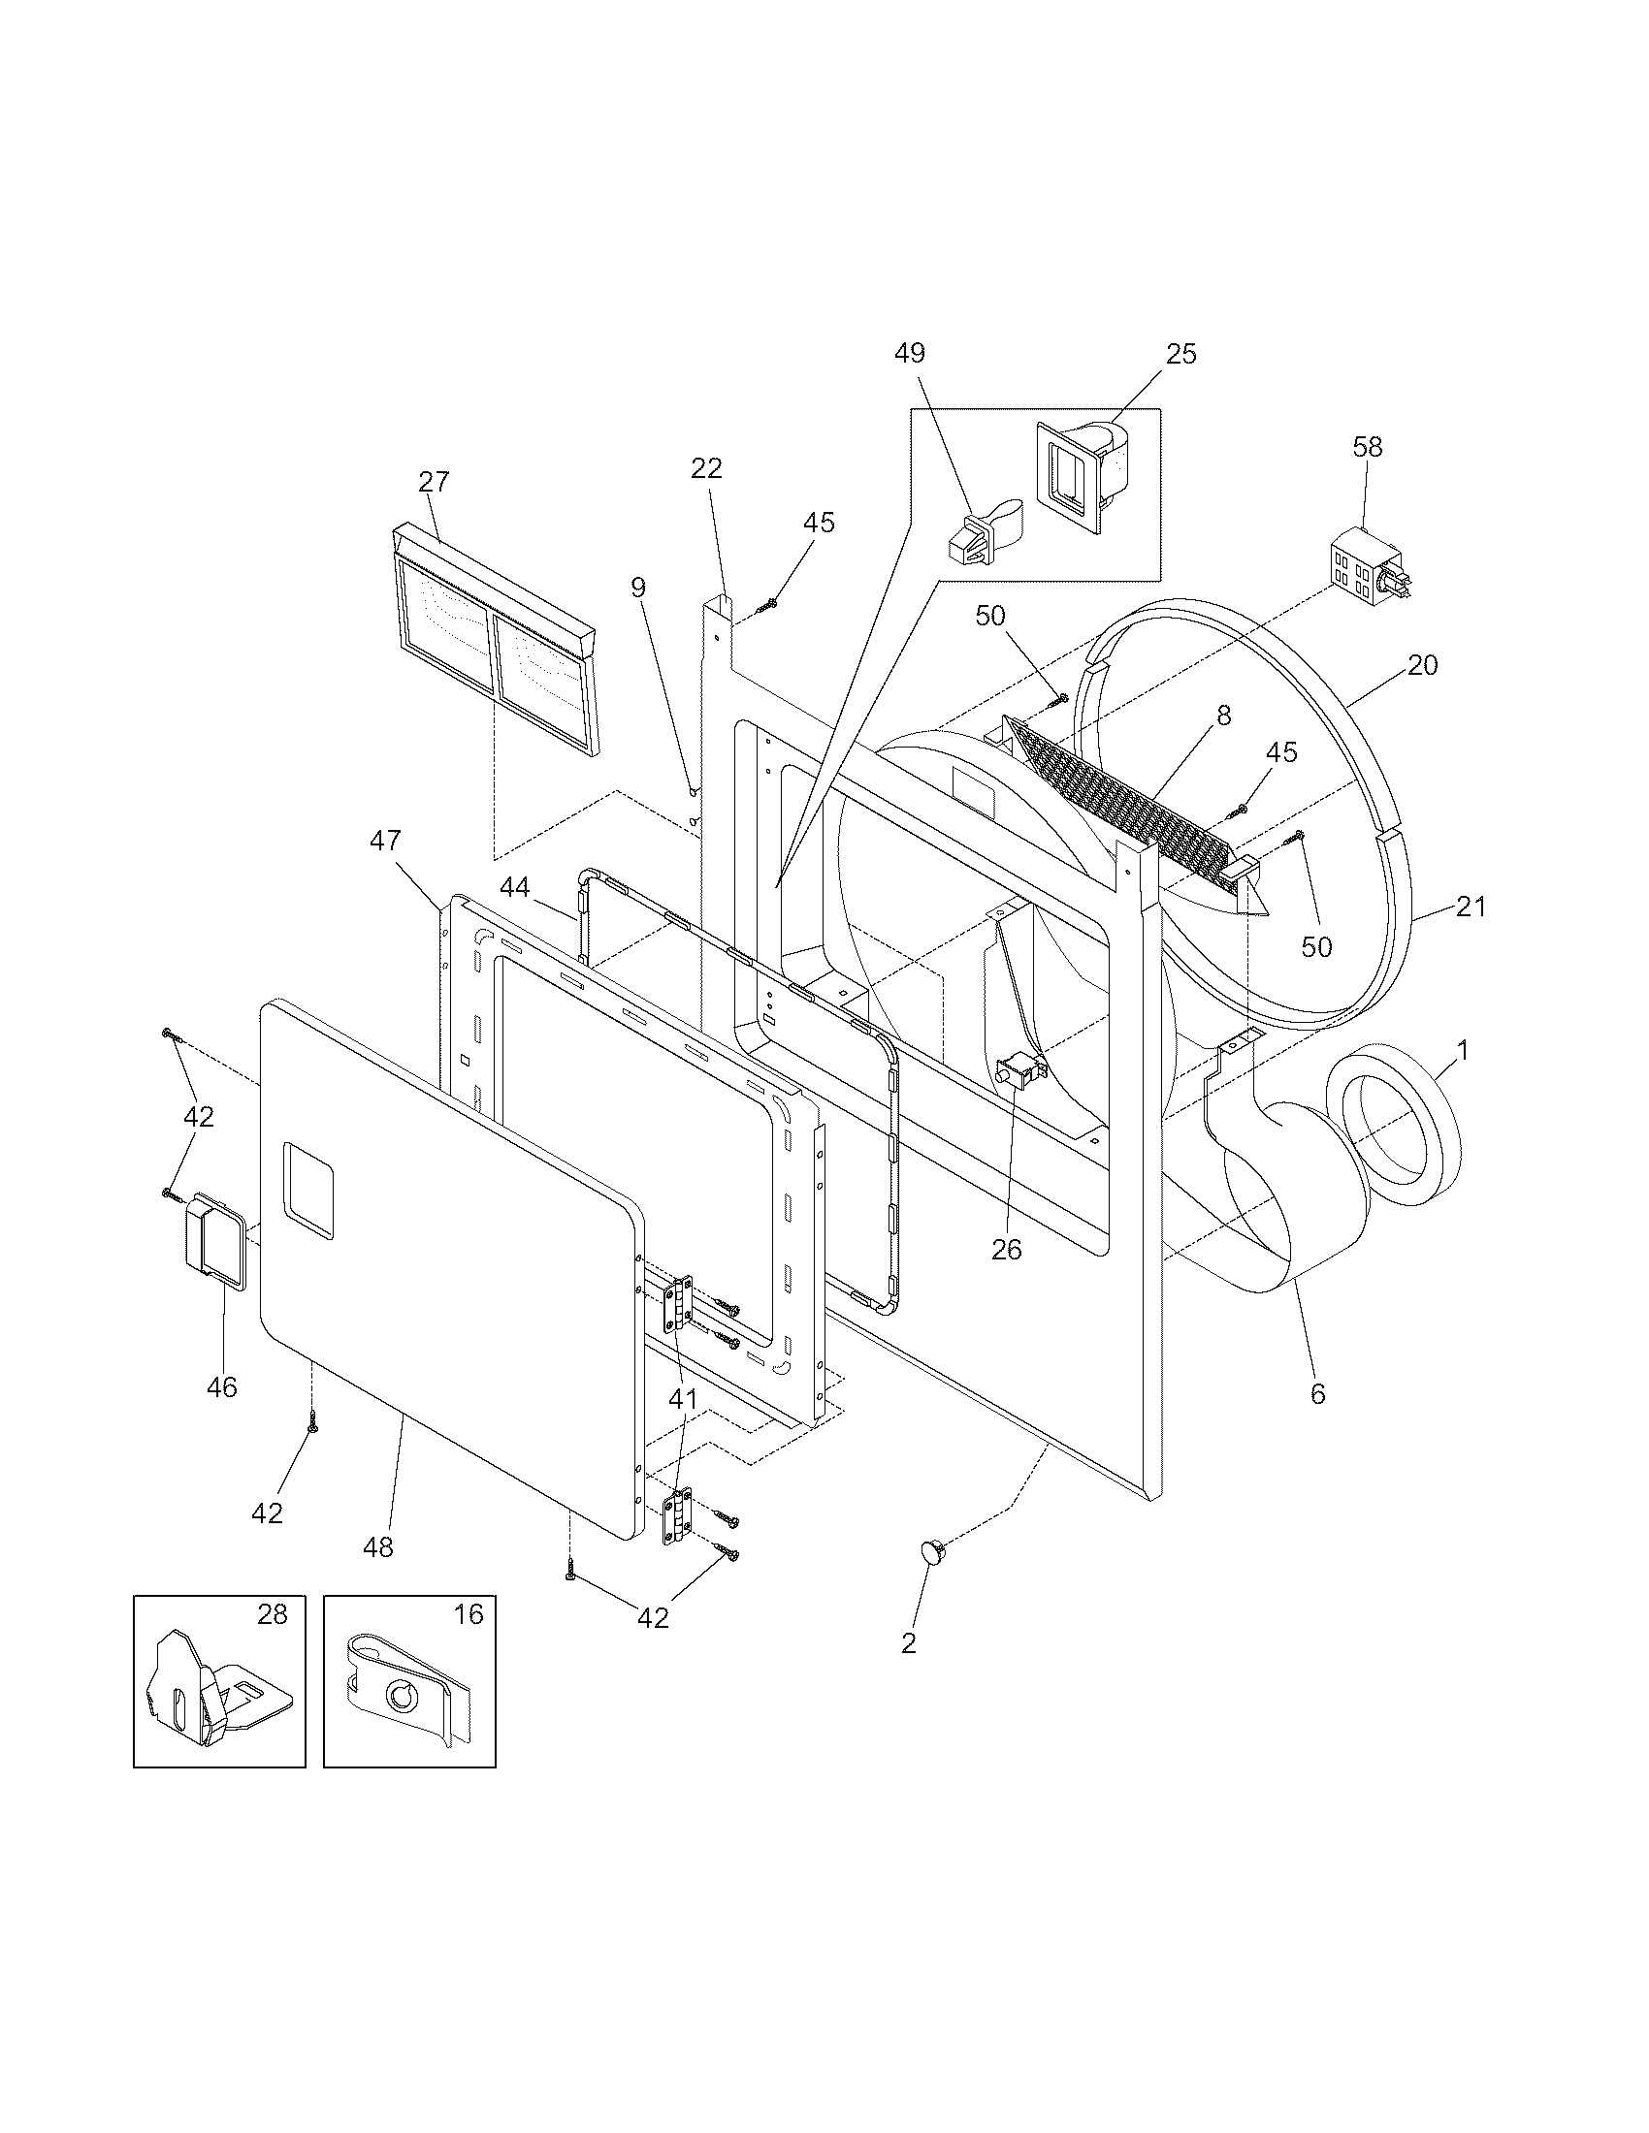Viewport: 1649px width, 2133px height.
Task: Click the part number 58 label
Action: (1368, 447)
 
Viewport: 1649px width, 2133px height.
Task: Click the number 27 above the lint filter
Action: (434, 482)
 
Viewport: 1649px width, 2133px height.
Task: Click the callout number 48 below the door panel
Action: (378, 1547)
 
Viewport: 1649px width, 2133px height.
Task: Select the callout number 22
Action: (706, 469)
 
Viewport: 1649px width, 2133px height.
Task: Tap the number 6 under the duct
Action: (1317, 1394)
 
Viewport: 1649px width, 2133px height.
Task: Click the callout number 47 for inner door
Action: (385, 840)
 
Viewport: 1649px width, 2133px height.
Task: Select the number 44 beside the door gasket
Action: (515, 887)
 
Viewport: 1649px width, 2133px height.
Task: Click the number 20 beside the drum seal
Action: (1422, 665)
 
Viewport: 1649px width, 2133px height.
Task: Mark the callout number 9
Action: (638, 587)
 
